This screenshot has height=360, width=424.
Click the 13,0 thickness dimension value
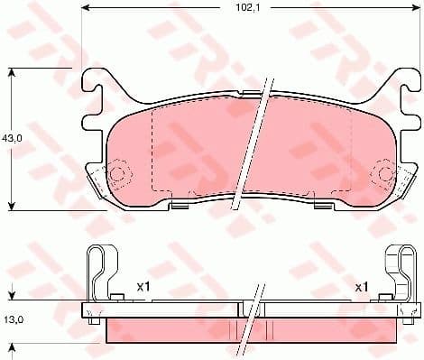(x=13, y=319)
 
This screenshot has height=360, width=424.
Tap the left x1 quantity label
(x=142, y=286)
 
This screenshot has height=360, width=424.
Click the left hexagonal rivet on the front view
(x=117, y=175)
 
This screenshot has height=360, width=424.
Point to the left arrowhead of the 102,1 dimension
(x=87, y=7)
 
